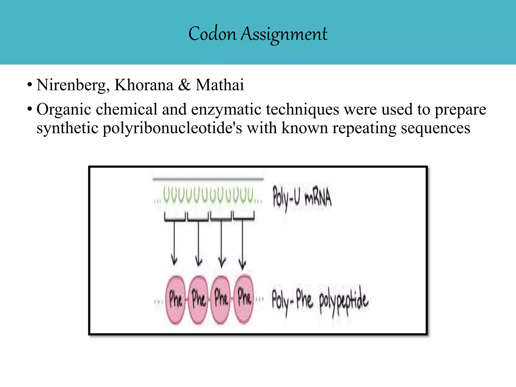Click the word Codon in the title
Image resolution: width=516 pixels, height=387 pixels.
212,34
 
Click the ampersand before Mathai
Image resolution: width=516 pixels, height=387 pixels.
184,85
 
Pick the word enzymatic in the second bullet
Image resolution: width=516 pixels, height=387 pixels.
226,110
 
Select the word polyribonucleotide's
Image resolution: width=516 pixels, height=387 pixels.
172,128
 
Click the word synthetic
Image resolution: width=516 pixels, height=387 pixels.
67,128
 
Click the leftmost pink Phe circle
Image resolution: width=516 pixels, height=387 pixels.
175,300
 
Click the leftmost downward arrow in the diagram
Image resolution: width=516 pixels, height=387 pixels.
174,242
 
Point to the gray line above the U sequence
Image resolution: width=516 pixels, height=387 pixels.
208,179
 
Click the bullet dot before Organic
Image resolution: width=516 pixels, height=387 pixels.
30,109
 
